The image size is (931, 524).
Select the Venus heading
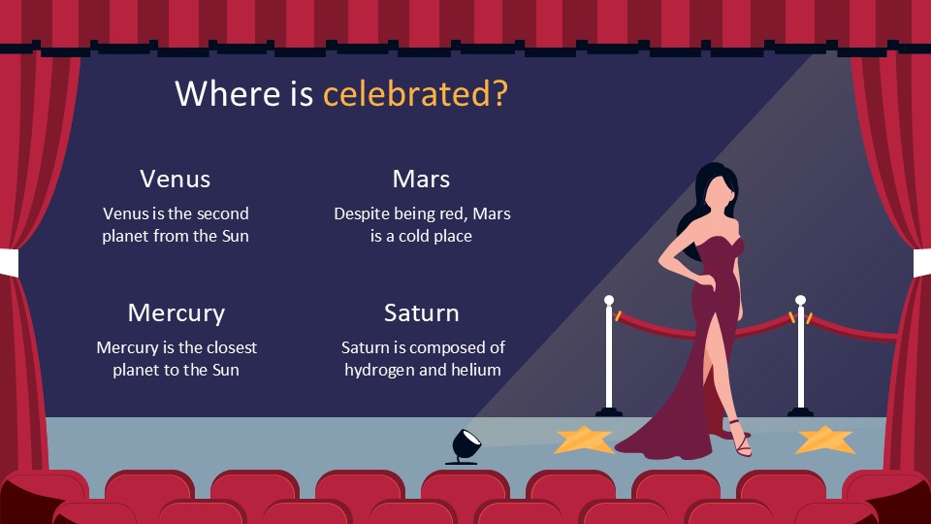tap(175, 179)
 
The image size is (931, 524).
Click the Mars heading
tap(421, 179)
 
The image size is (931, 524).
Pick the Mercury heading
tap(176, 312)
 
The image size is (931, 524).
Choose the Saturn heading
tap(421, 312)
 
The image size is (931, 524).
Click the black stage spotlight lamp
tap(465, 445)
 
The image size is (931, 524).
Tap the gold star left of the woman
tap(584, 441)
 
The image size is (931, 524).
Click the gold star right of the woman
tap(824, 440)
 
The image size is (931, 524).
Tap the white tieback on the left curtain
tap(8, 263)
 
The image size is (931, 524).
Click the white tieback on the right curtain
tap(921, 262)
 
